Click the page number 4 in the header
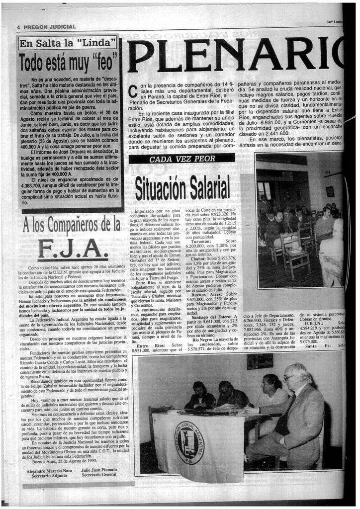(x=18, y=27)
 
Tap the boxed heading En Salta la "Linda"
(x=68, y=43)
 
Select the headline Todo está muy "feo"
(x=68, y=63)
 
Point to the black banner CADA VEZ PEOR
(x=182, y=159)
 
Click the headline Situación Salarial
(x=182, y=187)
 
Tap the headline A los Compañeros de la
(x=72, y=225)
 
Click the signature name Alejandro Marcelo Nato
(x=48, y=470)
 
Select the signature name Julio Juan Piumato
(x=99, y=470)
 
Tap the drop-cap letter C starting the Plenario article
(x=132, y=92)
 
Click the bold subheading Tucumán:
(x=203, y=241)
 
